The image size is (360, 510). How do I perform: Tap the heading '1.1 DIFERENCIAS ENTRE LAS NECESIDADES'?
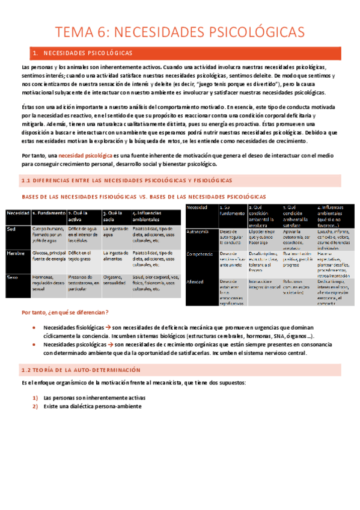[126, 180]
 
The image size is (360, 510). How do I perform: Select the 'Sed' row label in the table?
[11, 229]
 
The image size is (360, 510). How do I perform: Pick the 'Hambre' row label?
[16, 254]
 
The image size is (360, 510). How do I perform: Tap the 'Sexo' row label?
[12, 277]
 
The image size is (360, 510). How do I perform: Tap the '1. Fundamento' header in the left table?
[48, 213]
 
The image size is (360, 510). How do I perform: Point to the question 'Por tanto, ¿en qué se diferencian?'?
[65, 312]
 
